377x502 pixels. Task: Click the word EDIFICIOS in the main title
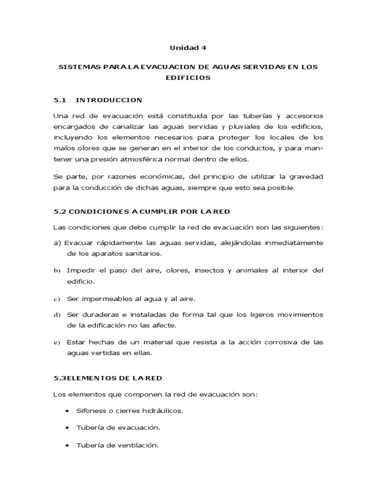[188, 77]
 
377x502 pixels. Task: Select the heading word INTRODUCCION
[109, 100]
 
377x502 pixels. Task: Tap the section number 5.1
[60, 100]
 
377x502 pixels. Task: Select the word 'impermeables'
[111, 298]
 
